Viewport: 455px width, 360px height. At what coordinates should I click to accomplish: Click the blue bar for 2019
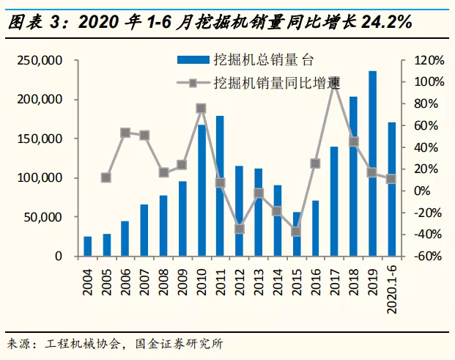373,164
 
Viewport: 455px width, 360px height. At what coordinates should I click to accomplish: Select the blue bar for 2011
221,186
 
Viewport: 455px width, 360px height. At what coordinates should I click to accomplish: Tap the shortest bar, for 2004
88,246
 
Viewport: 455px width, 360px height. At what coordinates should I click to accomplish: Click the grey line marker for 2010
201,109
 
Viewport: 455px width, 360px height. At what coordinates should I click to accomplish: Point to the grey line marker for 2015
297,232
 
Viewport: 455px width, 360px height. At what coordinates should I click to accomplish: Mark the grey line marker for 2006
125,133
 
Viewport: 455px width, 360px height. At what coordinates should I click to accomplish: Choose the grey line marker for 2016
316,164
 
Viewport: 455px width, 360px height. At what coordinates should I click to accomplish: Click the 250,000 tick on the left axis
40,60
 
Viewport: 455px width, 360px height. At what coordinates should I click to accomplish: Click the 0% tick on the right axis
423,191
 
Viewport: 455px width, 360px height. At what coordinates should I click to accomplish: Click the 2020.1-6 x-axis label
392,286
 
